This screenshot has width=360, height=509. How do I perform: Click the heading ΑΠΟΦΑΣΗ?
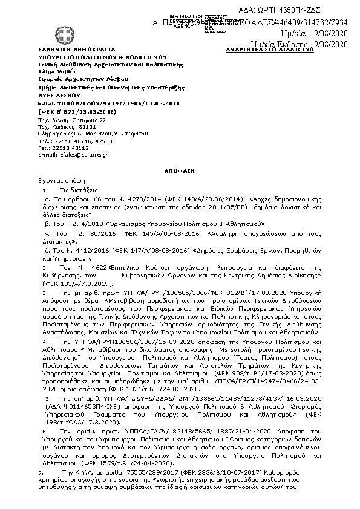(x=180, y=171)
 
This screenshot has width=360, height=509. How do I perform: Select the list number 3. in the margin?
(x=44, y=293)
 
